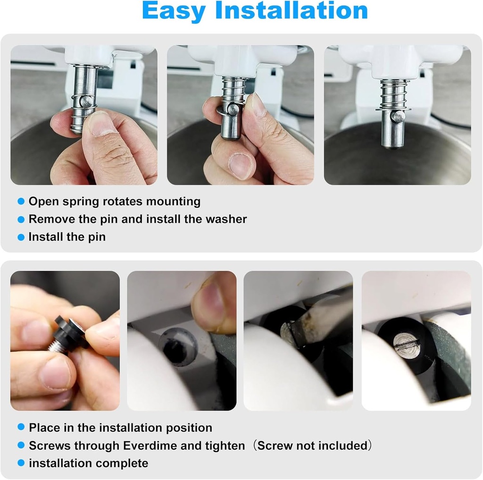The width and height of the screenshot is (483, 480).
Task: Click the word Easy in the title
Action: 174,11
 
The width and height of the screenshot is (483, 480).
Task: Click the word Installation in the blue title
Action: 291,10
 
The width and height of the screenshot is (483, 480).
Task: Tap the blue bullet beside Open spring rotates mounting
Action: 21,202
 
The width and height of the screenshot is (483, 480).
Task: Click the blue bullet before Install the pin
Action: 21,237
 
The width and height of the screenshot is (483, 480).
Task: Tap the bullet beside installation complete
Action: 21,463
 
